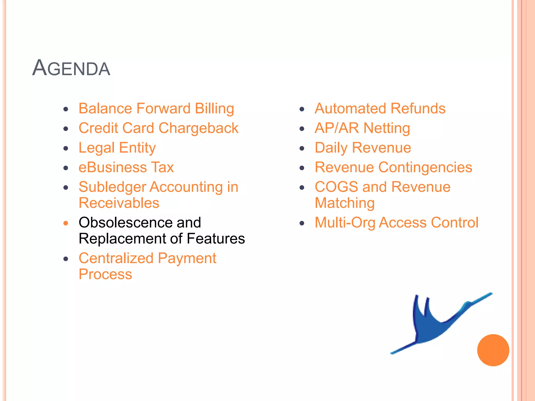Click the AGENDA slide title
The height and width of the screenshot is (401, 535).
tap(71, 68)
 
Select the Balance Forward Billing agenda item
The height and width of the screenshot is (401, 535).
tap(156, 109)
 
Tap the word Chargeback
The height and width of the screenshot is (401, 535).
tap(198, 128)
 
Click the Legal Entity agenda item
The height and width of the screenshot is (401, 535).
tap(117, 148)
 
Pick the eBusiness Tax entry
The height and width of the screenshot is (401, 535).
tap(126, 167)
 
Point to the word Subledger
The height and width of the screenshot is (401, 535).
tap(112, 187)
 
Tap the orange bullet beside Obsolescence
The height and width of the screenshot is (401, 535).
tap(66, 223)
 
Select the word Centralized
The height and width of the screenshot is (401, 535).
tap(116, 258)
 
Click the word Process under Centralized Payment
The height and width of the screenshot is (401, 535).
tap(105, 274)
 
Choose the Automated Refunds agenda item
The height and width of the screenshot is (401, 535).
tap(380, 109)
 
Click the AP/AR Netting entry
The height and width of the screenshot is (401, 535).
tap(362, 128)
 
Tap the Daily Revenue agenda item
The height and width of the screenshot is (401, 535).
tap(363, 148)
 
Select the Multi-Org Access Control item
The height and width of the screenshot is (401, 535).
tap(396, 223)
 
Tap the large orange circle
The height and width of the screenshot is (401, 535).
tap(493, 350)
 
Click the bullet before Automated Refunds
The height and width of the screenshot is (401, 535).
tap(302, 109)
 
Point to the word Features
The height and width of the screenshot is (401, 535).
tap(216, 239)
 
